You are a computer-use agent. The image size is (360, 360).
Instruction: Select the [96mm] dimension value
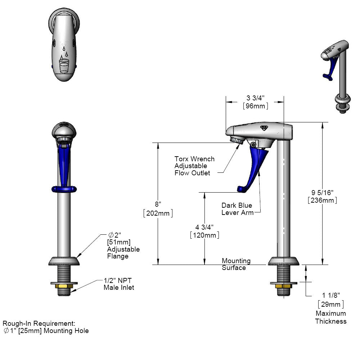(255, 106)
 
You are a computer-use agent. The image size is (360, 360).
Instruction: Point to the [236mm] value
(322, 201)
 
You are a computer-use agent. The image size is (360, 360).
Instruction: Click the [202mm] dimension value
(158, 213)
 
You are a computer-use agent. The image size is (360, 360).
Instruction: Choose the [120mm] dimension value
(204, 235)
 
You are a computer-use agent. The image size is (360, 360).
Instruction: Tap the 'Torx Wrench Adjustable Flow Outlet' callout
(194, 166)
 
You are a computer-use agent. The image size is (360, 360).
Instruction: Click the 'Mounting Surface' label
(236, 264)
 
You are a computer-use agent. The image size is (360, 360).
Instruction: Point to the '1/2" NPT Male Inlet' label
(119, 284)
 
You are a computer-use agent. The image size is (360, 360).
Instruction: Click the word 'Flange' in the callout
(118, 256)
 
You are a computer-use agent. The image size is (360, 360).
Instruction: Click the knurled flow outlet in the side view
(237, 140)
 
